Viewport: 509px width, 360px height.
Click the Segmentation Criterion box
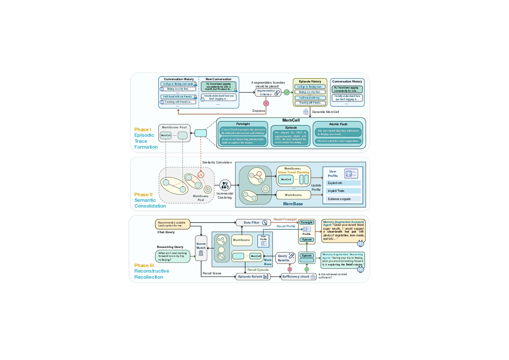268,93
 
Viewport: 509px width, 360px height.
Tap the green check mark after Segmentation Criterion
287,92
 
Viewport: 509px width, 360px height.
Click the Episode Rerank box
253,277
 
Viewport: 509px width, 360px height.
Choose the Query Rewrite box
285,258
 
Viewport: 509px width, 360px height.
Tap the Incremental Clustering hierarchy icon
225,185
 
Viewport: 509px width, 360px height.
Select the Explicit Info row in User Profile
343,183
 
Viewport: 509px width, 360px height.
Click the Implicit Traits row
343,191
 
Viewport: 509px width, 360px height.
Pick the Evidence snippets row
343,199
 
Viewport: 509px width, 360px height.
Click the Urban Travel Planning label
293,172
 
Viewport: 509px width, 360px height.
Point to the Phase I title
142,129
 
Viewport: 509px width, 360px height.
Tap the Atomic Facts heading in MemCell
338,124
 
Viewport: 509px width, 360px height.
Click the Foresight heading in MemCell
243,124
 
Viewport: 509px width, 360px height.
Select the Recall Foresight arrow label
285,219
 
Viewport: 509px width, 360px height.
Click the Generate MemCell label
325,112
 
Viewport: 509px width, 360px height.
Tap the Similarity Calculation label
217,163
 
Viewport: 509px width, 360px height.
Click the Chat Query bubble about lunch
172,224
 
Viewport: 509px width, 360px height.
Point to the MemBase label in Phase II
293,204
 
